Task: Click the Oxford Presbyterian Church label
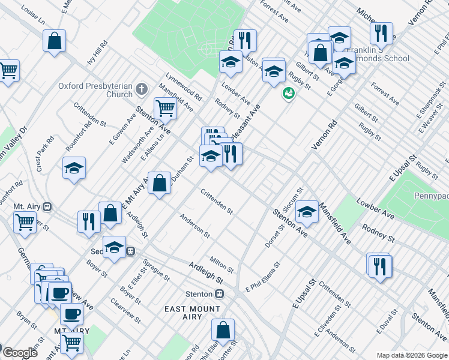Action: tap(95, 90)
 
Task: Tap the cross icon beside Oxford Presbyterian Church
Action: tap(142, 90)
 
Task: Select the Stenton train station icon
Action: tap(220, 294)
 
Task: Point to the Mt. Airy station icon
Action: tap(46, 206)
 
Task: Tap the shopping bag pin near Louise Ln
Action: tap(54, 41)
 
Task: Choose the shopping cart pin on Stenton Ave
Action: tap(165, 109)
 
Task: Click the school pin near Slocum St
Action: tap(307, 211)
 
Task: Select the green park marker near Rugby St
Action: tap(288, 94)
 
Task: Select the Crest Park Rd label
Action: tap(45, 154)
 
